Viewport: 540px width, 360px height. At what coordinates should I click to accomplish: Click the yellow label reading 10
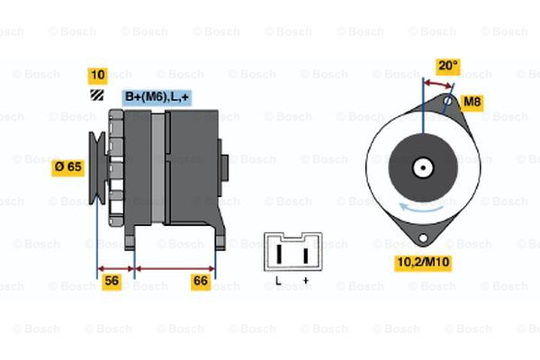(x=97, y=75)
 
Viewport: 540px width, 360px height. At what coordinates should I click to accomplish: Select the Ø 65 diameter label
(x=67, y=166)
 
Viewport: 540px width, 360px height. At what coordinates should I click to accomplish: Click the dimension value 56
(x=112, y=282)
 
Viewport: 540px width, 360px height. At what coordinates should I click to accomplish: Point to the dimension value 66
(x=202, y=282)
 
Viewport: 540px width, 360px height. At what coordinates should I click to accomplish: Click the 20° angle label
(x=447, y=66)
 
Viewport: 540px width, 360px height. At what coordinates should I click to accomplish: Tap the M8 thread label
(x=472, y=103)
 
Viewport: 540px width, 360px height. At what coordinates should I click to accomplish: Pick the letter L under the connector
(x=279, y=281)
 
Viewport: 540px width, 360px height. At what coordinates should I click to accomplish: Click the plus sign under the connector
(x=306, y=281)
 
